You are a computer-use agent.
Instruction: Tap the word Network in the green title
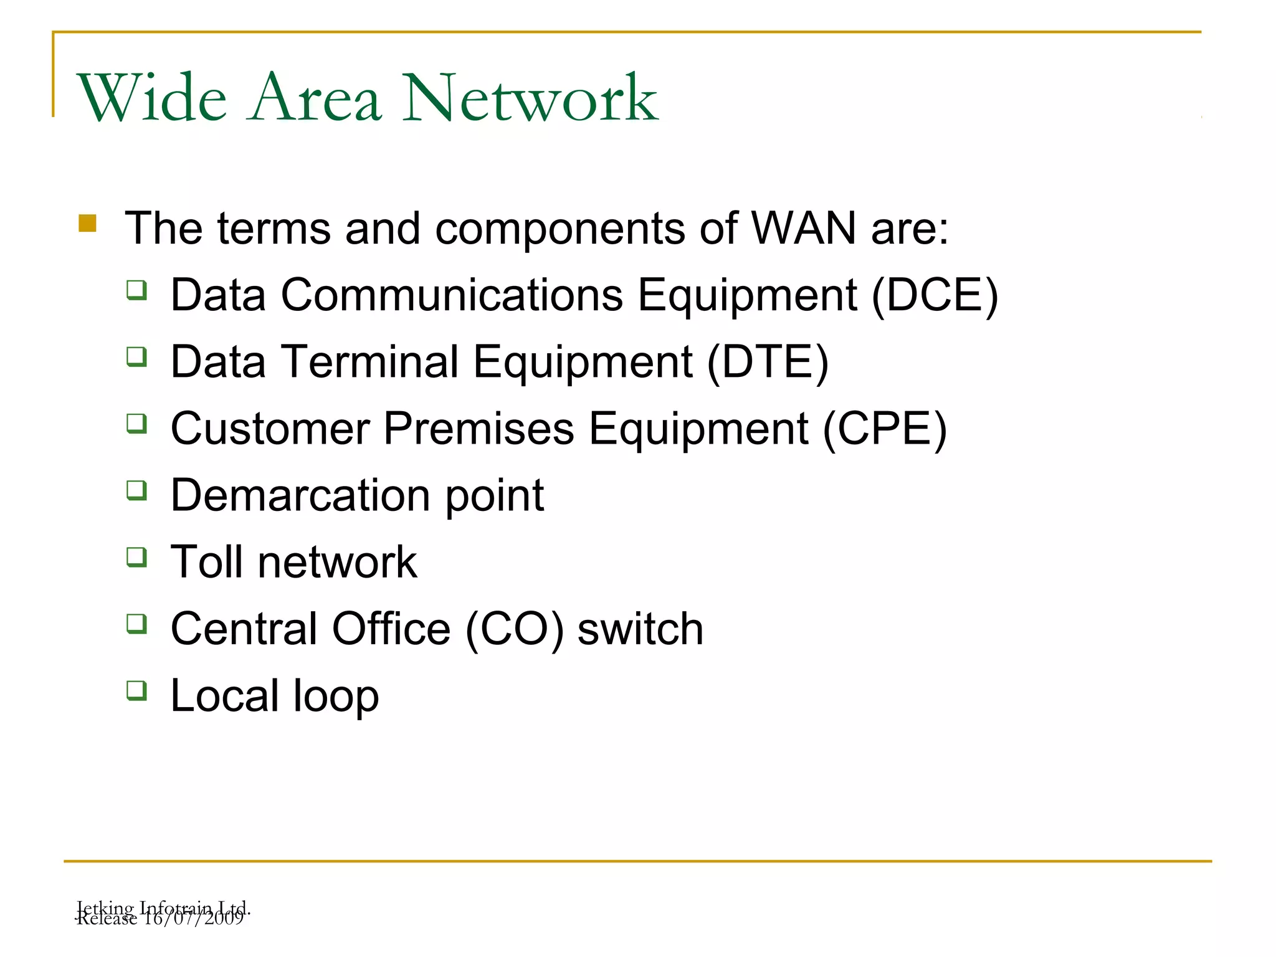coord(530,98)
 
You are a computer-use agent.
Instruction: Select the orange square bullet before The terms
coord(88,223)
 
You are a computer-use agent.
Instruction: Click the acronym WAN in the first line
coord(804,228)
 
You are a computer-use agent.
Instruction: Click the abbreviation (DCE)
coord(935,295)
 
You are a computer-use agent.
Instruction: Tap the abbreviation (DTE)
coord(768,362)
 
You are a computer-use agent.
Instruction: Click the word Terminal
coord(370,362)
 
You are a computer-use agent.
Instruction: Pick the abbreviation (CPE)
coord(885,429)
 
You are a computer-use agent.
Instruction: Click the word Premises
coord(478,429)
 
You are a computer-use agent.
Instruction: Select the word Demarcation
coord(300,496)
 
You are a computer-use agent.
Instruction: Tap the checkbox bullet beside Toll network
coord(136,556)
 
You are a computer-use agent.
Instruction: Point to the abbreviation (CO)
coord(515,629)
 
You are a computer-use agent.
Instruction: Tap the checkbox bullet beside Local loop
coord(136,690)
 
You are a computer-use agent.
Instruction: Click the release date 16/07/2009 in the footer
coord(193,919)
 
